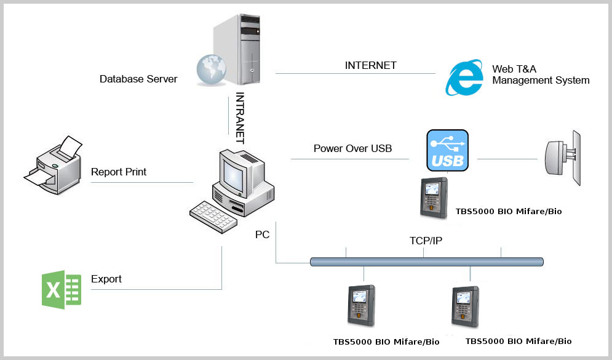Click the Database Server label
point(138,79)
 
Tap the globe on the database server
point(211,70)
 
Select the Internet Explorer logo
point(464,78)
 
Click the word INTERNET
point(370,65)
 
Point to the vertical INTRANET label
point(240,118)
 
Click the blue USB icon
point(447,150)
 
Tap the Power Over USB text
point(352,148)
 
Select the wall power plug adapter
point(563,158)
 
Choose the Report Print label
point(118,172)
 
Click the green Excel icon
point(62,290)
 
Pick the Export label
point(106,279)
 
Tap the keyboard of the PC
point(213,217)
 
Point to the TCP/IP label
point(426,241)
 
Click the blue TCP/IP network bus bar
point(427,262)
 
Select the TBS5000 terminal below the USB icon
point(434,198)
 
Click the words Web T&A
point(514,69)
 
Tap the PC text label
point(262,234)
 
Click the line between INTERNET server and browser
point(355,73)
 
